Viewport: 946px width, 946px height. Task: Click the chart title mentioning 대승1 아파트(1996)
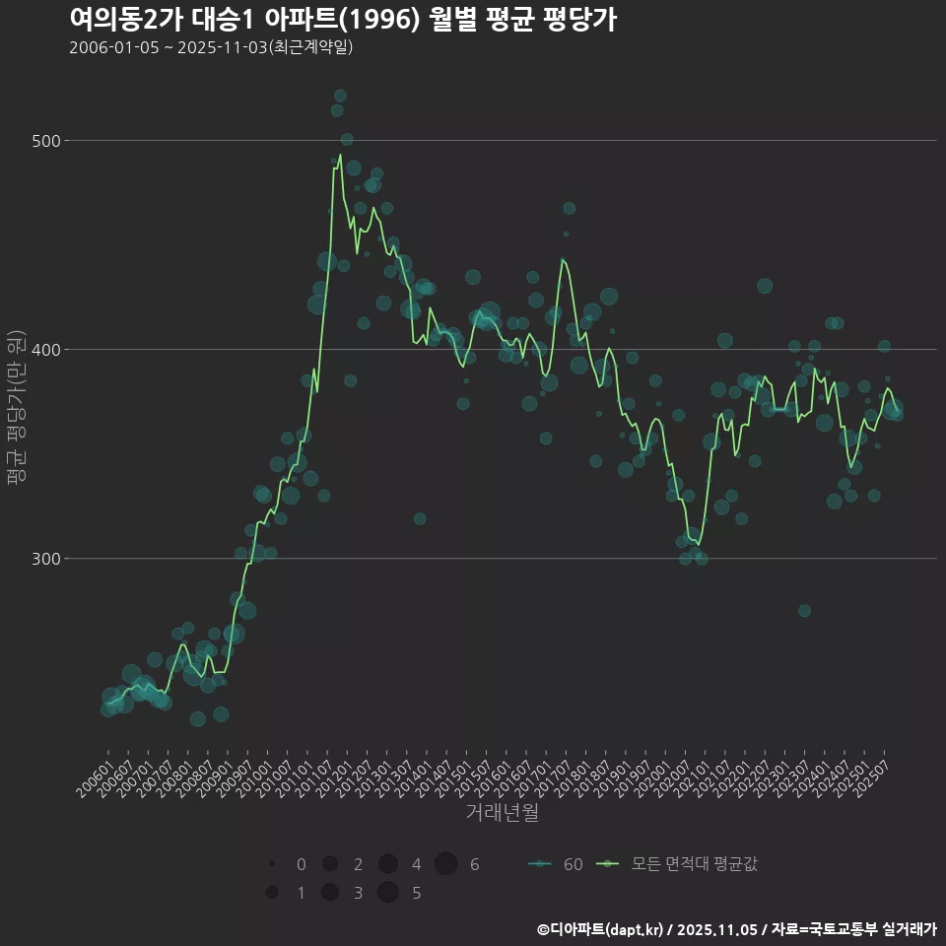pyautogui.click(x=343, y=20)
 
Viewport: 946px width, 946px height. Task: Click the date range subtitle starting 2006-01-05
pyautogui.click(x=211, y=48)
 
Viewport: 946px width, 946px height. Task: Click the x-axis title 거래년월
pyautogui.click(x=502, y=813)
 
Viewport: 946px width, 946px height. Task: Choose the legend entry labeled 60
pyautogui.click(x=556, y=864)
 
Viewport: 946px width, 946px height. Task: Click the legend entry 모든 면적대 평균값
pyautogui.click(x=679, y=864)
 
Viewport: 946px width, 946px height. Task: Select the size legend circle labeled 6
pyautogui.click(x=445, y=864)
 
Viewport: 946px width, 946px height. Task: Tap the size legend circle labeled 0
pyautogui.click(x=271, y=864)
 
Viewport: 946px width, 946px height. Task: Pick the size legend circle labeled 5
pyautogui.click(x=387, y=893)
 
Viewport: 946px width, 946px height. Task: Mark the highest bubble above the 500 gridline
pyautogui.click(x=340, y=96)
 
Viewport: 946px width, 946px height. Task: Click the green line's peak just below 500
pyautogui.click(x=340, y=155)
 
